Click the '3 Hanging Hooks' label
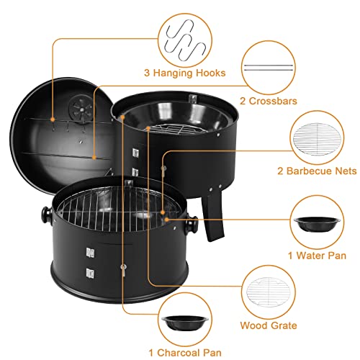[x=184, y=73]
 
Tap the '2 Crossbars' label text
[x=269, y=101]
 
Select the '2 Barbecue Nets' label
[x=317, y=171]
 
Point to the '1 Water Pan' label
[x=317, y=256]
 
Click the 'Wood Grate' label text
[x=269, y=325]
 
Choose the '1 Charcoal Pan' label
[x=185, y=353]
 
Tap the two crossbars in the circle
[x=269, y=68]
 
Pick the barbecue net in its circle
[x=317, y=139]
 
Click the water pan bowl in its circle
[x=317, y=224]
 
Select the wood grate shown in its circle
[x=269, y=292]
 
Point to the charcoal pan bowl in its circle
[x=185, y=323]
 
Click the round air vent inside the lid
[x=81, y=109]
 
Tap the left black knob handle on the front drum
[x=47, y=215]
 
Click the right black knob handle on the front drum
[x=192, y=225]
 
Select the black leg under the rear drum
[x=213, y=216]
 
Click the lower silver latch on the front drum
[x=90, y=273]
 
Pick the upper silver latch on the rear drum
[x=135, y=153]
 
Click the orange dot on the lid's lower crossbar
[x=94, y=158]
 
